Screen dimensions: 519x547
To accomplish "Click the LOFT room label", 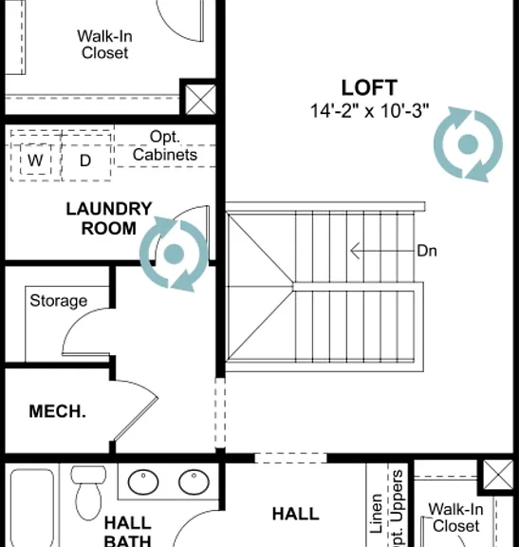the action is [369, 87].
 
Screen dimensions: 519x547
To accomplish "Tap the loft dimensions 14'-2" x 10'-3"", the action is [369, 111].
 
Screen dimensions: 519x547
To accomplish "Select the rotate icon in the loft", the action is [468, 144].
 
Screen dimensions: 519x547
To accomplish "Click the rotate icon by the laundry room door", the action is [174, 254].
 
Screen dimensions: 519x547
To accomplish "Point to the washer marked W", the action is [35, 160].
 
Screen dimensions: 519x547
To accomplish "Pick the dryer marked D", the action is [85, 160].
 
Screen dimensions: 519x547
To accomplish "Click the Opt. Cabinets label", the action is [165, 146].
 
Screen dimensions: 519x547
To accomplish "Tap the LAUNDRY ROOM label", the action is [109, 218].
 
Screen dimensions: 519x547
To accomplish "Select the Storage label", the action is [59, 301].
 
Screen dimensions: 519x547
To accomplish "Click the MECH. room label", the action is [57, 411].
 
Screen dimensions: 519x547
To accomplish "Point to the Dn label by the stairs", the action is [427, 251].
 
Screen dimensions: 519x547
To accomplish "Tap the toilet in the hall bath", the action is [88, 492].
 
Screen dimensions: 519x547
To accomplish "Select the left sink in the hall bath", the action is [143, 481].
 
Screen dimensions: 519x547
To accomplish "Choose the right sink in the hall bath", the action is [194, 481].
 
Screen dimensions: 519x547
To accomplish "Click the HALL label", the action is [296, 514].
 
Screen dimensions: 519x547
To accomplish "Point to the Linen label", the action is [376, 513].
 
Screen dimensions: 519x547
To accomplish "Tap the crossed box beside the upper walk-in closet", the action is [200, 100].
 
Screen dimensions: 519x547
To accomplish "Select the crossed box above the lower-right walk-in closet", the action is [498, 475].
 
